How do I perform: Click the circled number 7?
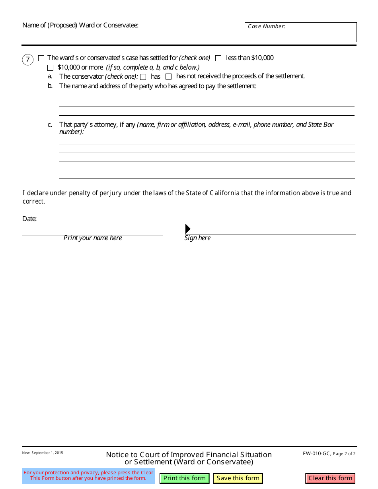coord(28,60)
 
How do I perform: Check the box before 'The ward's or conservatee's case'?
coord(41,58)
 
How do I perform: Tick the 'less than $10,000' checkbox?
coord(218,58)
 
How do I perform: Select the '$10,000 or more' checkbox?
coord(50,68)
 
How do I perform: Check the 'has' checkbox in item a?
coord(143,77)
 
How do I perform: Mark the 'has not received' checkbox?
coord(169,77)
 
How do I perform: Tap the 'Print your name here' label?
coord(93,238)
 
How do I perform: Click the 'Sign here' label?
coord(197,238)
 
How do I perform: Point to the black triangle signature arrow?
coord(188,229)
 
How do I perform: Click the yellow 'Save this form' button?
coord(238,478)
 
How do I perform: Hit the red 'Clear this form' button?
coord(330,478)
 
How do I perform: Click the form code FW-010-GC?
coord(316,454)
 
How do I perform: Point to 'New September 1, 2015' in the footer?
coord(43,453)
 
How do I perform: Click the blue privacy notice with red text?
coord(88,475)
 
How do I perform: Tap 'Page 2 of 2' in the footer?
coord(344,454)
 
